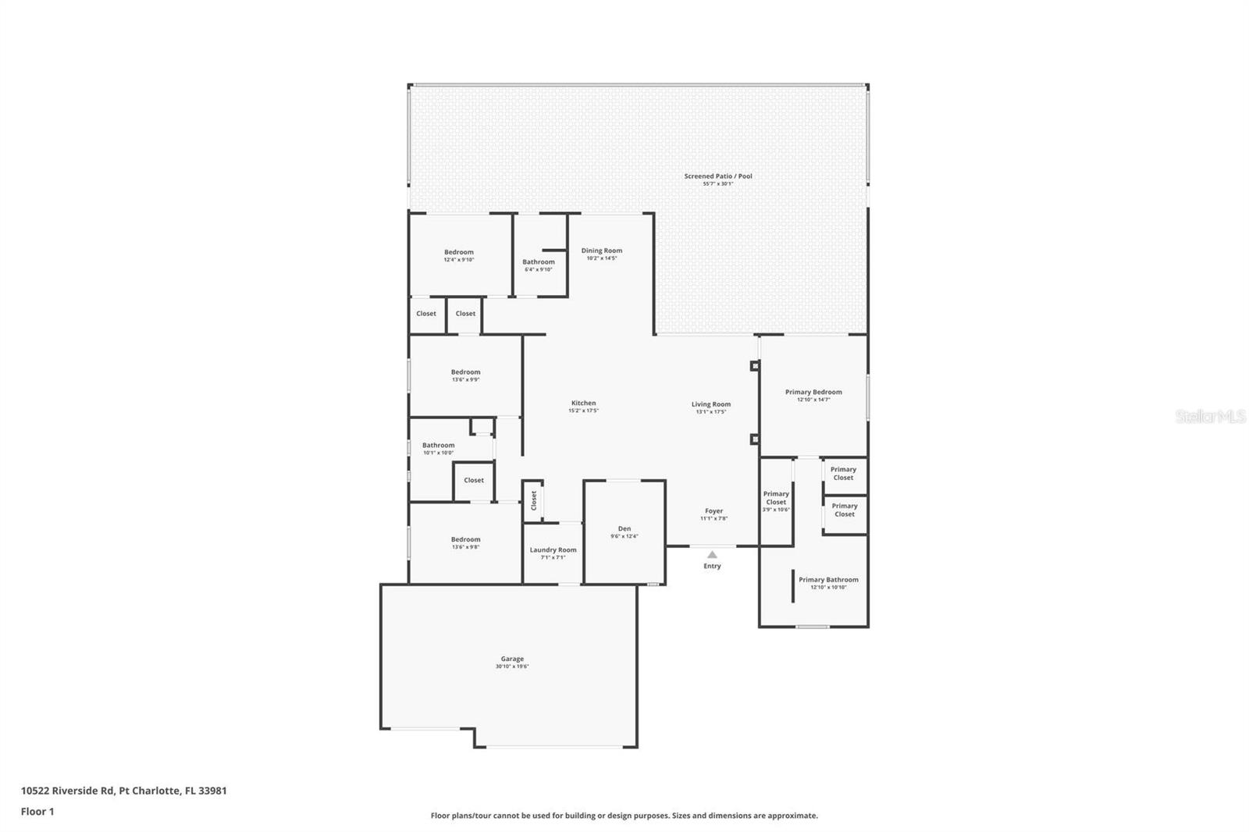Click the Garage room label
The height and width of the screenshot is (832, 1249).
pyautogui.click(x=512, y=659)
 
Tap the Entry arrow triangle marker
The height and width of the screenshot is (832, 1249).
pyautogui.click(x=712, y=555)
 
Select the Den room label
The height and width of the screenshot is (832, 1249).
pyautogui.click(x=624, y=529)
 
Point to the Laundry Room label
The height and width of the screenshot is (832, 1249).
pyautogui.click(x=553, y=550)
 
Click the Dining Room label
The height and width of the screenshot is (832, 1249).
pyautogui.click(x=602, y=251)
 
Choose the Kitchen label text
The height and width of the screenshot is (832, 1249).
pyautogui.click(x=583, y=404)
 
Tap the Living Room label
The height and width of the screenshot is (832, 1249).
pyautogui.click(x=711, y=405)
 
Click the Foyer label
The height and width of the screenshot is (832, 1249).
pyautogui.click(x=713, y=511)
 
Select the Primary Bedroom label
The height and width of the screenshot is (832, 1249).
pyautogui.click(x=813, y=393)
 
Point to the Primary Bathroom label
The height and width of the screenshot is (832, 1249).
pyautogui.click(x=828, y=580)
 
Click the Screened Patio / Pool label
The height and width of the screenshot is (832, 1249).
pyautogui.click(x=718, y=176)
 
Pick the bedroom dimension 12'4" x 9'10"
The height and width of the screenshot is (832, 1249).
pyautogui.click(x=459, y=260)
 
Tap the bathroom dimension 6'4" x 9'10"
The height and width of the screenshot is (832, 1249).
pyautogui.click(x=539, y=269)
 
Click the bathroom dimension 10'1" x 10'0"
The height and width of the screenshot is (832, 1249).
pyautogui.click(x=438, y=453)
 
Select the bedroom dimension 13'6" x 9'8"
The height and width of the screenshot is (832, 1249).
pyautogui.click(x=465, y=547)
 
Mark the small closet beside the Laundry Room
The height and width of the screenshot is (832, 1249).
pyautogui.click(x=534, y=500)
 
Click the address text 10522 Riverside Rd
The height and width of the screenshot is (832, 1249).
pyautogui.click(x=69, y=791)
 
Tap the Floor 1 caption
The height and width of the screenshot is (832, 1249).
pyautogui.click(x=37, y=812)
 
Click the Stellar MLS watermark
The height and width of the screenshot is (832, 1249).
pyautogui.click(x=1210, y=417)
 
